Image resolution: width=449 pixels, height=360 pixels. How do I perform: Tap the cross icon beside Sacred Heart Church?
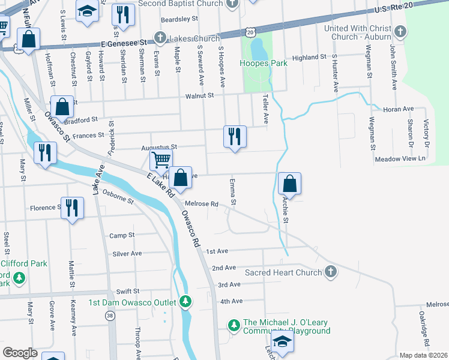coord(330,272)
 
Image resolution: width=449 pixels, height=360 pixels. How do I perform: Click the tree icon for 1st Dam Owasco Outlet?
coord(186,302)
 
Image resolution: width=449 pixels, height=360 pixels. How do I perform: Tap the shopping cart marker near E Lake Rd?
coord(160,161)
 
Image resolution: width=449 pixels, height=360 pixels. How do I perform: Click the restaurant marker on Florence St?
coord(72,208)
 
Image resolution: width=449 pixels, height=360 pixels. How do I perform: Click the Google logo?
coord(20,353)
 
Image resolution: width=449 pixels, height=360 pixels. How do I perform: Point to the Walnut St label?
coord(199,95)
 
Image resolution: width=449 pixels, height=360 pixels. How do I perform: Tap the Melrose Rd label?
coord(201,204)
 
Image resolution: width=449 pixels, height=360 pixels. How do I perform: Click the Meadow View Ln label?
coord(400,159)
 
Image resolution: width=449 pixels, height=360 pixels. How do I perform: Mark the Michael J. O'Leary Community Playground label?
coord(286,326)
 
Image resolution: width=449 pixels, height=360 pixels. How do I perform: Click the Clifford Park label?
coord(24,263)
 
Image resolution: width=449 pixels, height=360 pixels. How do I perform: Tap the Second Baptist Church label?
coord(181,4)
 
